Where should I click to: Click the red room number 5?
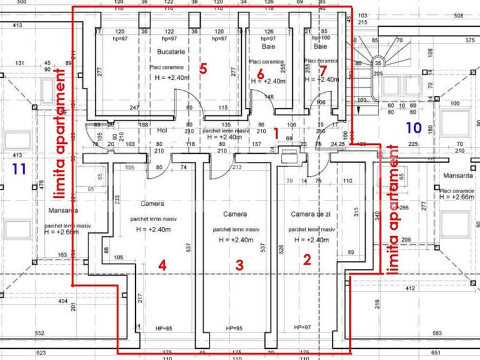203,69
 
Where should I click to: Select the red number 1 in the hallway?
277,132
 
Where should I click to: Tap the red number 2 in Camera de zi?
307,260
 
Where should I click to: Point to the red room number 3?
239,265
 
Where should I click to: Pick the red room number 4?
162,265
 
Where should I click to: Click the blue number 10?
413,128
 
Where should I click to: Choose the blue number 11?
19,168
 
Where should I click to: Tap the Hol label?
162,130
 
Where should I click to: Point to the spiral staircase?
378,59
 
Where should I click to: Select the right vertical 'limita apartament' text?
393,209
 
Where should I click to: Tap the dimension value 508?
458,16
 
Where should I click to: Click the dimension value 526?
282,251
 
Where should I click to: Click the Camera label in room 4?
152,204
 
